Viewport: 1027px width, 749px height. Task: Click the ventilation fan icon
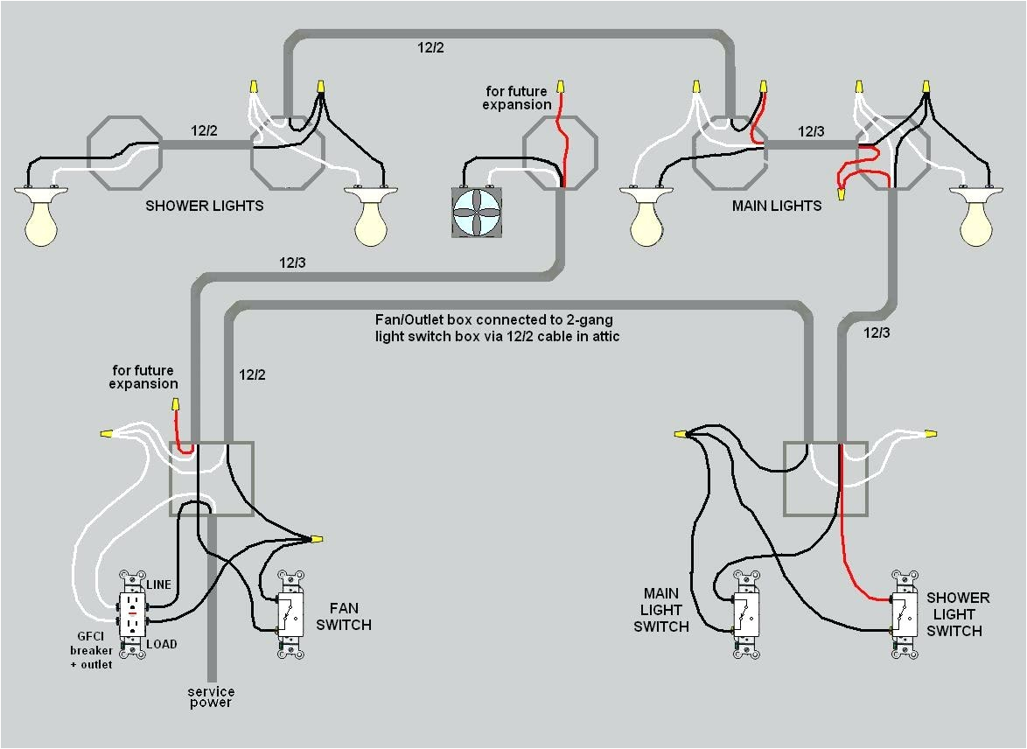point(478,212)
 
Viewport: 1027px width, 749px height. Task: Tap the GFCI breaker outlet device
point(133,613)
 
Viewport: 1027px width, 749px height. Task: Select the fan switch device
point(291,614)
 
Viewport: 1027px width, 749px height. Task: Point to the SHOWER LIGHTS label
point(204,206)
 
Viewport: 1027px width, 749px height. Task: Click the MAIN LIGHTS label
point(776,206)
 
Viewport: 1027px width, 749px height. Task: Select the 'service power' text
point(211,697)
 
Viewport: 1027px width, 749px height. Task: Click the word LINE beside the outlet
point(158,584)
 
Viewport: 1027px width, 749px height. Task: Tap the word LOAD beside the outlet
point(161,644)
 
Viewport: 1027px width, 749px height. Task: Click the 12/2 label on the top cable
point(430,48)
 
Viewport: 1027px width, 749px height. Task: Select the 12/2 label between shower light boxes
point(206,130)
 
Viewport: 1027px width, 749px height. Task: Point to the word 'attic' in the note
point(602,337)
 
